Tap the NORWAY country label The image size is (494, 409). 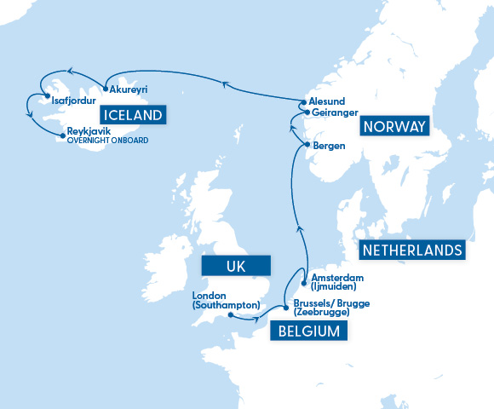point(393,127)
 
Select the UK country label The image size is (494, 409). point(238,266)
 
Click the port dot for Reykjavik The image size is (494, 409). point(62,134)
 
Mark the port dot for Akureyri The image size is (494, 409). point(104,88)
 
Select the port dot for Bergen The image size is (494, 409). point(307,146)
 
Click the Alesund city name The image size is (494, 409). point(325,101)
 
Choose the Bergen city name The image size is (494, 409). point(329,146)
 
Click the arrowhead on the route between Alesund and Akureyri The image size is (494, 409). point(227,83)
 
